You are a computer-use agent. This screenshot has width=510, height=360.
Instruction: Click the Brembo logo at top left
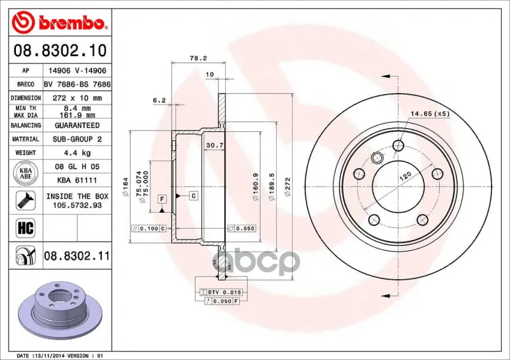[59, 22]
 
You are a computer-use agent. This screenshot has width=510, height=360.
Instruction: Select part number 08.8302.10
[60, 50]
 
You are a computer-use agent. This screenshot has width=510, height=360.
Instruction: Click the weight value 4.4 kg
[77, 153]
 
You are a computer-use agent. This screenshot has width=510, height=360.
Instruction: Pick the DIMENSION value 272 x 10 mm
[77, 98]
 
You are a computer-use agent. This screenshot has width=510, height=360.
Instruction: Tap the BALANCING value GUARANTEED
[77, 126]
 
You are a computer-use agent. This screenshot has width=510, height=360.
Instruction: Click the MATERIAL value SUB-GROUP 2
[77, 139]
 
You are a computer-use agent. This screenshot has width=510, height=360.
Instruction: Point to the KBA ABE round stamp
[25, 173]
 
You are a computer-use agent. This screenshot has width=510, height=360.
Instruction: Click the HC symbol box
[25, 227]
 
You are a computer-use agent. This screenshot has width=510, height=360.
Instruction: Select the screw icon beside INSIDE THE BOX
[25, 201]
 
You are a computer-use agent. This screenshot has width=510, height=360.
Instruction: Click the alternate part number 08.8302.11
[76, 256]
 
